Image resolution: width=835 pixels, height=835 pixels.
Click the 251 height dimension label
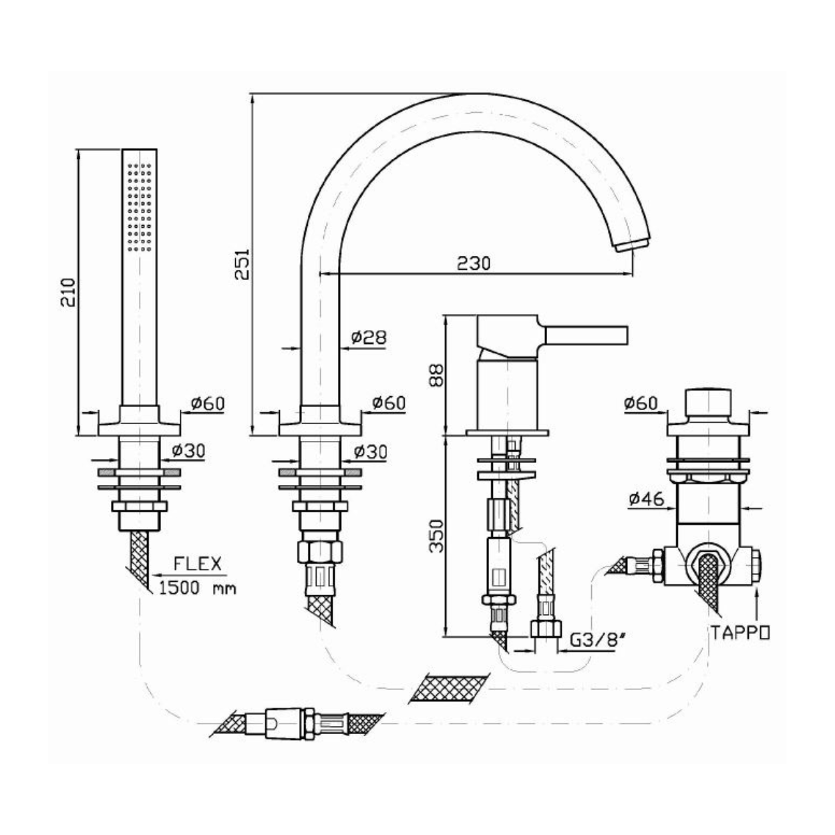tap(242, 264)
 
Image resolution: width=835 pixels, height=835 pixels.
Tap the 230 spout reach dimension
tap(474, 263)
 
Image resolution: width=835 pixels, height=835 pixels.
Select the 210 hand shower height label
tap(68, 292)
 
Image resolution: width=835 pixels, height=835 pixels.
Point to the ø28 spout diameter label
tap(368, 337)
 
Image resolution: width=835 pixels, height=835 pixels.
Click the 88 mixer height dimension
tap(436, 375)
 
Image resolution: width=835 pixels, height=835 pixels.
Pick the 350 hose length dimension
tap(436, 536)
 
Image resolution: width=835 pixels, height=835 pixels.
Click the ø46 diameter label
tap(646, 499)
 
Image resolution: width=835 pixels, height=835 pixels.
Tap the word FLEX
tap(197, 564)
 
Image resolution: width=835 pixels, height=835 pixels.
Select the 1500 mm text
tap(198, 588)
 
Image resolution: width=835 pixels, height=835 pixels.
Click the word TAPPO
tap(739, 633)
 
